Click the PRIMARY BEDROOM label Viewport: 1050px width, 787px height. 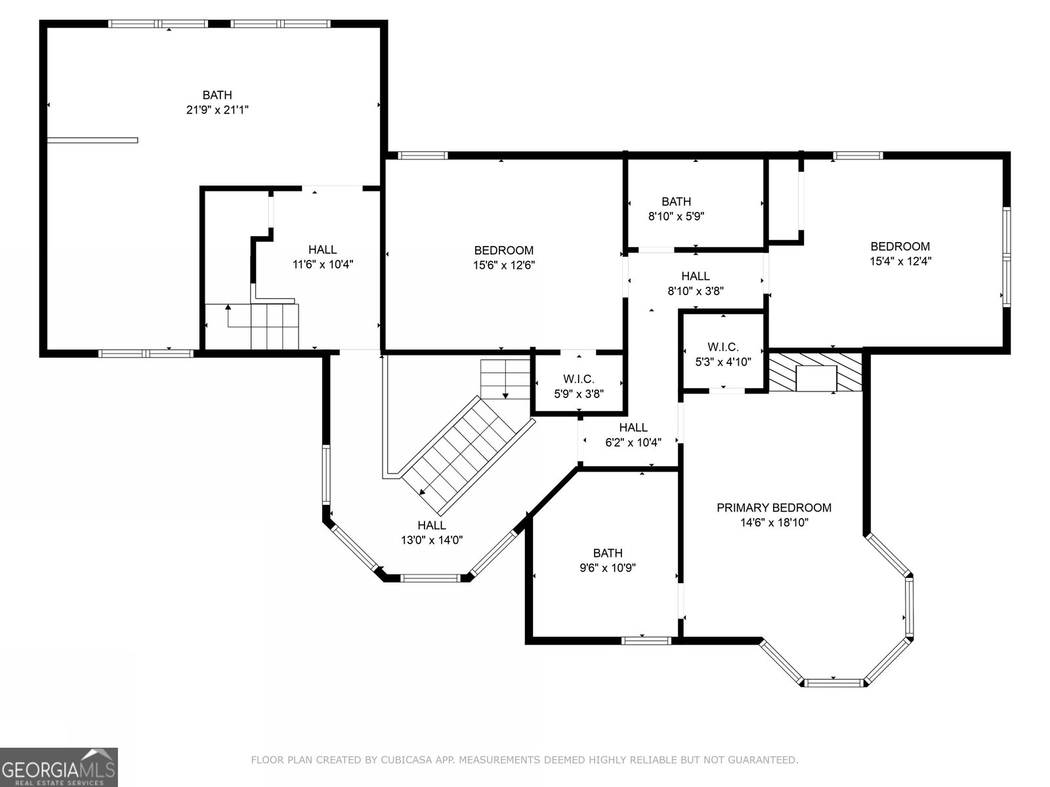coord(774,508)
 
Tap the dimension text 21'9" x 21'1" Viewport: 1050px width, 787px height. coord(217,110)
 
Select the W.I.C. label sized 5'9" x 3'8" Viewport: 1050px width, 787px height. coord(578,379)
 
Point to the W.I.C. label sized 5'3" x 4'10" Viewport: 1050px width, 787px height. coord(723,347)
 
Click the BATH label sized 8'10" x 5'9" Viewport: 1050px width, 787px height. coord(676,201)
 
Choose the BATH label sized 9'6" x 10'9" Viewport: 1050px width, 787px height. coord(608,553)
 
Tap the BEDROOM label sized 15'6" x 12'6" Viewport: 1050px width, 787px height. coord(504,250)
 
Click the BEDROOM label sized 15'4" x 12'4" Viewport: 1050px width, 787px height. coord(900,246)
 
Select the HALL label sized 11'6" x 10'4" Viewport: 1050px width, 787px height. coord(322,249)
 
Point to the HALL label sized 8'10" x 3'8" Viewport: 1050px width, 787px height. coord(695,275)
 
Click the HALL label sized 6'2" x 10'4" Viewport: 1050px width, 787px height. coord(633,427)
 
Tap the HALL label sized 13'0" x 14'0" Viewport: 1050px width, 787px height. coord(431,525)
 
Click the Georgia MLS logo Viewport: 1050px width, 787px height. coord(58,767)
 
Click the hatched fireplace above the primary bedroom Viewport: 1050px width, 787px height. coord(815,373)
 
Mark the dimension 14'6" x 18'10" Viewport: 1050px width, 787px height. coord(774,522)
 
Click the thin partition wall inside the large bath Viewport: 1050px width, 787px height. coord(93,140)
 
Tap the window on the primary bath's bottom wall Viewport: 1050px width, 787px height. coord(646,640)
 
